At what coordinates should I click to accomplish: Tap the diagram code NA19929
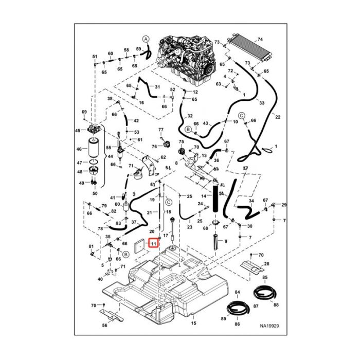(269, 325)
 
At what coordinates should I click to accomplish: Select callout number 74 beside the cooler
(260, 39)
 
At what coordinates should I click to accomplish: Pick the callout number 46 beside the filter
(79, 150)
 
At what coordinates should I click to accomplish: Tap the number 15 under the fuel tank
(194, 323)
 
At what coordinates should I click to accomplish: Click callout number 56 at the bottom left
(105, 325)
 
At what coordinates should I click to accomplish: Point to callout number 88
(276, 305)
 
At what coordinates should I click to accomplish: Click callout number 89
(223, 319)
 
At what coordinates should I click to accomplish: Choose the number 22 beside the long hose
(278, 118)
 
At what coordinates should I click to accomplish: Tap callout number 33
(262, 103)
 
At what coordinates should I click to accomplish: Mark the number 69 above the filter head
(84, 112)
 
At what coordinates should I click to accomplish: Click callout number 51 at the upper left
(95, 56)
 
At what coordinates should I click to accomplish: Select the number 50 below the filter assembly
(95, 193)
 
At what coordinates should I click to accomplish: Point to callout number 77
(160, 129)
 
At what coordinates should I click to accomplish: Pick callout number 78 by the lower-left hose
(100, 228)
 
